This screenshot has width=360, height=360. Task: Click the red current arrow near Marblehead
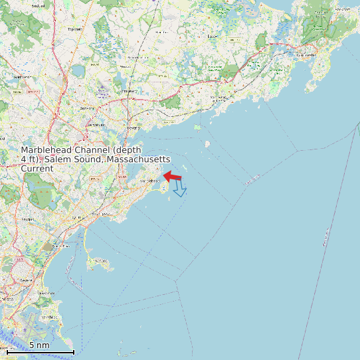pos(173,176)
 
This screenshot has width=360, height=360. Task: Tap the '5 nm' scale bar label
pos(39,345)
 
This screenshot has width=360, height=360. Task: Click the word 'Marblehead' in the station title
pos(50,151)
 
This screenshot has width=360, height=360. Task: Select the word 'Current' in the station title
pos(37,169)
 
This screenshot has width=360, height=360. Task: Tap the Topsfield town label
pos(75,29)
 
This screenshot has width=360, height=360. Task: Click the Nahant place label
pos(101,261)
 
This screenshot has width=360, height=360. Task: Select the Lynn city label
pos(77,217)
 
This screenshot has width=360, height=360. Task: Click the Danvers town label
pos(86,108)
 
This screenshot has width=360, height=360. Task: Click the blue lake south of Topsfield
pos(77,70)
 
